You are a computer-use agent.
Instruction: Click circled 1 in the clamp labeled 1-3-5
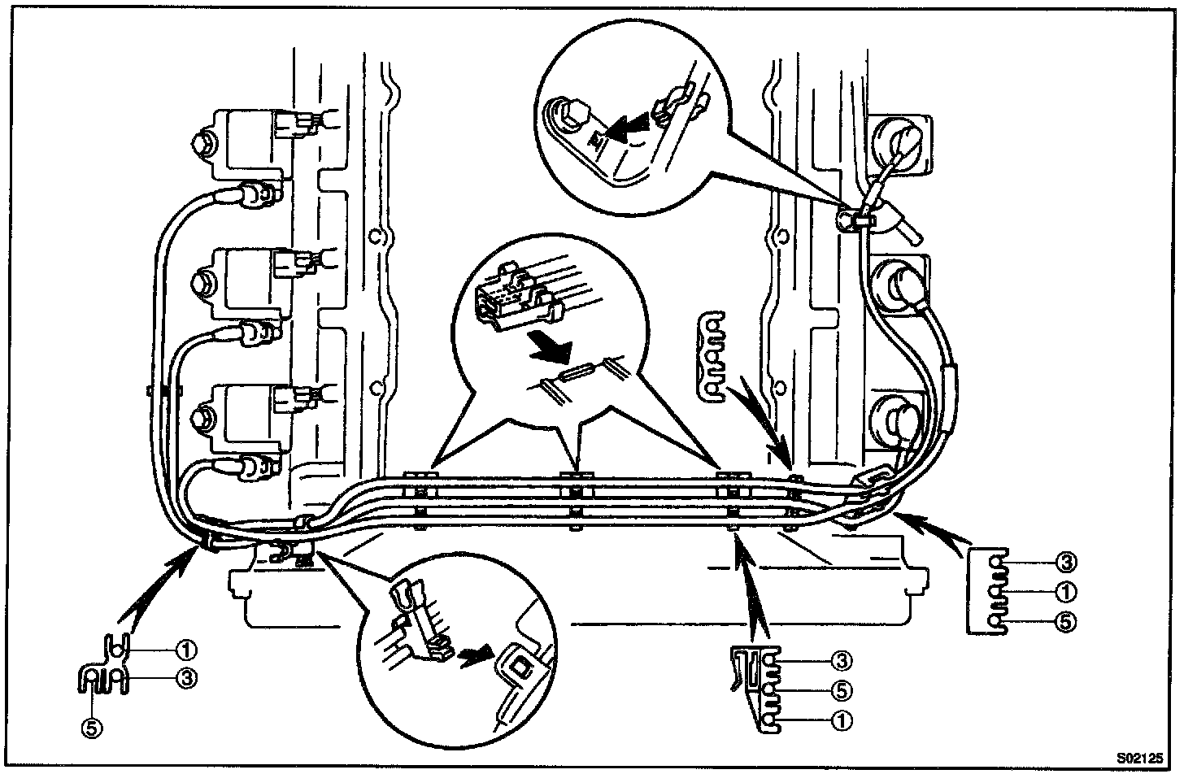(186, 650)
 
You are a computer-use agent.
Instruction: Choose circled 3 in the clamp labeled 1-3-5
(186, 676)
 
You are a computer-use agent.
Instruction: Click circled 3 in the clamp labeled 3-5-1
(842, 660)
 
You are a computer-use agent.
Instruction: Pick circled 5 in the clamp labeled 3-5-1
(842, 690)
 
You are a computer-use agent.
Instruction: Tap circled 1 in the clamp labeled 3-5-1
(842, 720)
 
